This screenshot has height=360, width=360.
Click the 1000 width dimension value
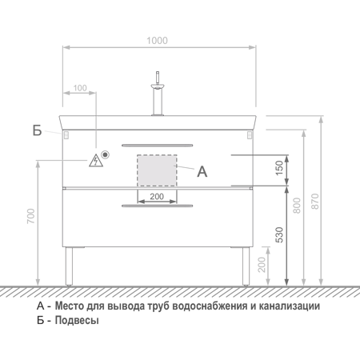(157, 41)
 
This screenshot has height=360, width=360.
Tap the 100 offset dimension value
(80, 88)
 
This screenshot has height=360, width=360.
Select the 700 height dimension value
(31, 216)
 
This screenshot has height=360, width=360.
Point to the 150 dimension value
(279, 168)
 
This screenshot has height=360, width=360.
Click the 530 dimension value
(279, 234)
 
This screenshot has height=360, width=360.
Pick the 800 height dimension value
(297, 206)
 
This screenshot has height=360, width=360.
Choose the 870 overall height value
(315, 202)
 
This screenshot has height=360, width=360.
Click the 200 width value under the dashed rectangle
(157, 197)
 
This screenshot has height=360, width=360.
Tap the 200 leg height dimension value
(262, 265)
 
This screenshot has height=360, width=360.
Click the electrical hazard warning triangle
(96, 161)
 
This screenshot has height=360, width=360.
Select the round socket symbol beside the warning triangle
(106, 154)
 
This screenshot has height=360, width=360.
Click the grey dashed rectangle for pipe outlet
(157, 170)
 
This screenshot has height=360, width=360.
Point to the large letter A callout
(202, 171)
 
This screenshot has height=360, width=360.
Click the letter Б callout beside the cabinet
(38, 130)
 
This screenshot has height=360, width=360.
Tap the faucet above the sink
(158, 94)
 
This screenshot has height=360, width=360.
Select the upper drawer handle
(158, 146)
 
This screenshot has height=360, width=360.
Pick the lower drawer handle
(158, 206)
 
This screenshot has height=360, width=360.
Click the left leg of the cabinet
(69, 266)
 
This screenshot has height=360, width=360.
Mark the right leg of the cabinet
(246, 266)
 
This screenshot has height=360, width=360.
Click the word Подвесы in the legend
(77, 320)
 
